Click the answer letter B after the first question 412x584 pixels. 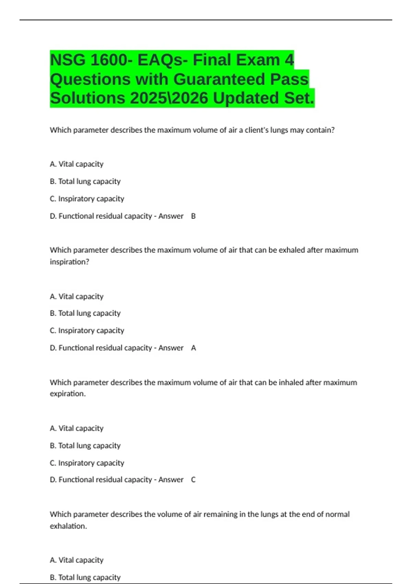click(193, 216)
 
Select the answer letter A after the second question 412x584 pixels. click(194, 348)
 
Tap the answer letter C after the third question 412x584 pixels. click(193, 480)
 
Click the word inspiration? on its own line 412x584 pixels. click(69, 262)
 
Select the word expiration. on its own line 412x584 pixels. click(68, 394)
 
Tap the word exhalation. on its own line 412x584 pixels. click(68, 526)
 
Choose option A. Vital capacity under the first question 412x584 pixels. click(77, 164)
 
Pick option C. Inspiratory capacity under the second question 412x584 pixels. click(87, 330)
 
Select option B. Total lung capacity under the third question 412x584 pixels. click(85, 446)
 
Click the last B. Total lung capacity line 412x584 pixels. click(85, 577)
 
